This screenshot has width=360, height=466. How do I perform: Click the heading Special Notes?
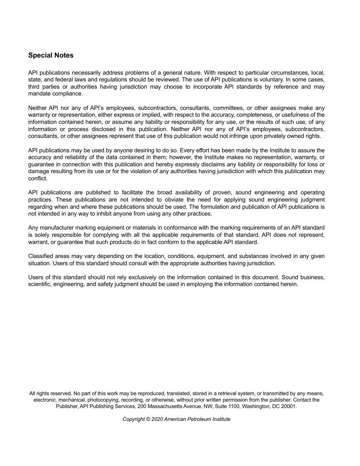click(x=51, y=55)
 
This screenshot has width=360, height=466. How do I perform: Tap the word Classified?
click(x=41, y=256)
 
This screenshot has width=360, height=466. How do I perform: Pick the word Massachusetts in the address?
click(x=166, y=406)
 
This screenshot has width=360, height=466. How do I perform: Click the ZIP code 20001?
click(x=290, y=406)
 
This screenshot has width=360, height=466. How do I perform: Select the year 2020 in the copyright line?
click(x=157, y=419)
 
